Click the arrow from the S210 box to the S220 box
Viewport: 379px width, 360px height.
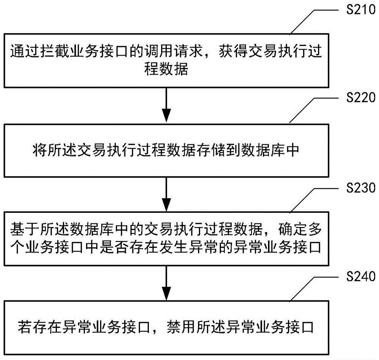(166, 106)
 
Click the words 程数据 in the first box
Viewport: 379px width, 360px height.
(166, 70)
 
